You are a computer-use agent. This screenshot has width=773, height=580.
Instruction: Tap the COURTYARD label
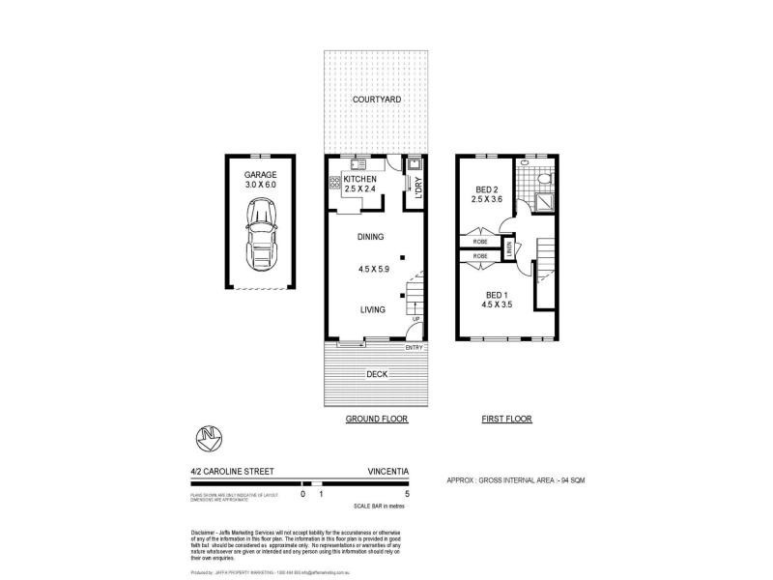click(377, 100)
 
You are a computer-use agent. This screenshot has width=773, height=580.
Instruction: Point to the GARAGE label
click(260, 175)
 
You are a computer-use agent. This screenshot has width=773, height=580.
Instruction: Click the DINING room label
click(371, 237)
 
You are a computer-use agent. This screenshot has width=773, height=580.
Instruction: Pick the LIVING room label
click(373, 309)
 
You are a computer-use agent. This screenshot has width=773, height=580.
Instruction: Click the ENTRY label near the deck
click(415, 348)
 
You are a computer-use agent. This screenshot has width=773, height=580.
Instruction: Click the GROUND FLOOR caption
click(377, 420)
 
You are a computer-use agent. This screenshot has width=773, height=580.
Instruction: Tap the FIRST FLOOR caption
click(507, 420)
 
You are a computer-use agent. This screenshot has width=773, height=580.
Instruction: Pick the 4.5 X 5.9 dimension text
click(371, 270)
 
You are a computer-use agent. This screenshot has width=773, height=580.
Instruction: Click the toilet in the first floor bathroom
click(543, 180)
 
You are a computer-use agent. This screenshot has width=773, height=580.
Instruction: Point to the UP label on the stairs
click(415, 319)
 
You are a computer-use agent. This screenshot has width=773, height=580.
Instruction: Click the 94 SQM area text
click(579, 479)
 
